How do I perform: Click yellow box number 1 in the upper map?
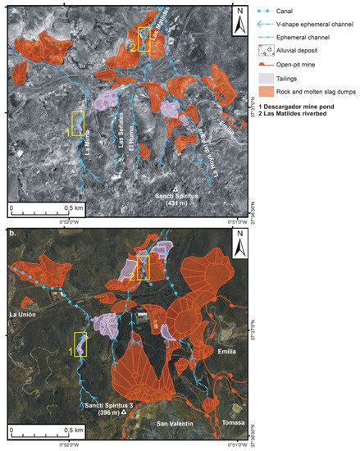tap(78, 123)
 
